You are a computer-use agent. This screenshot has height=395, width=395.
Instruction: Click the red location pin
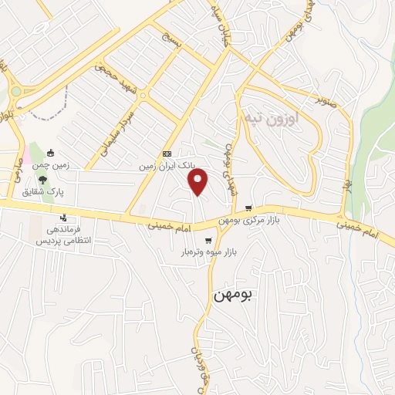click(199, 182)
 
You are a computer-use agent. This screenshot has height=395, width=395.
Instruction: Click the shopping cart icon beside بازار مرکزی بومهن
click(248, 208)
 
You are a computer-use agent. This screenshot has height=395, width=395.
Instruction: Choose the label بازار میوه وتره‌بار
click(207, 252)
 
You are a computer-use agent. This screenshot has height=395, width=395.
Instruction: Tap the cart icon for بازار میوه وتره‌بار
click(207, 240)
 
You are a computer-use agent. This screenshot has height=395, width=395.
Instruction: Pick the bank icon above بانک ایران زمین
click(167, 154)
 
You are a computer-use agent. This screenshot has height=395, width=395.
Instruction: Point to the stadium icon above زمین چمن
click(51, 153)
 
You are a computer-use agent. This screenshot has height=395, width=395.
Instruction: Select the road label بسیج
click(170, 38)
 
